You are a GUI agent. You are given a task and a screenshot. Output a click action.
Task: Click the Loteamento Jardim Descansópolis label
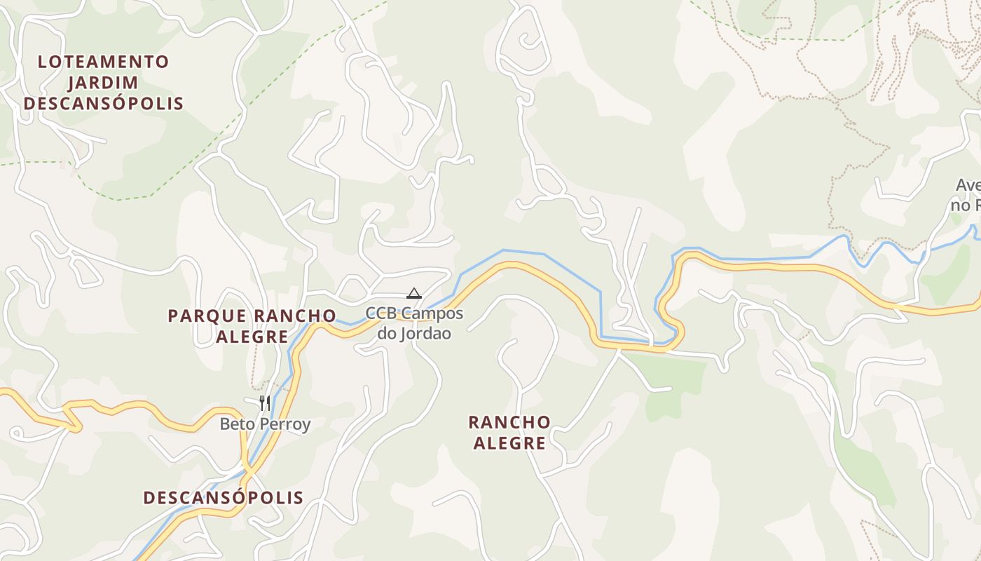103,83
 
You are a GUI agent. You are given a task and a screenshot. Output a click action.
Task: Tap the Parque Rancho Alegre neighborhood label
252,326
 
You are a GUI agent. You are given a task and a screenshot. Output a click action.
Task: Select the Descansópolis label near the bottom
224,498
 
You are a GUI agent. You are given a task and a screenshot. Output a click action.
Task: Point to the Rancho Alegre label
509,432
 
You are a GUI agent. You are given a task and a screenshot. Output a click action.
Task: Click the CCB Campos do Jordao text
414,323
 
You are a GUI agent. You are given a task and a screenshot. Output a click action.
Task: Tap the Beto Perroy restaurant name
265,424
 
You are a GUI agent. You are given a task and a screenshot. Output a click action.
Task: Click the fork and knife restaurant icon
265,403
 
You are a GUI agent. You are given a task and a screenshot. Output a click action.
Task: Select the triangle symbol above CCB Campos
414,293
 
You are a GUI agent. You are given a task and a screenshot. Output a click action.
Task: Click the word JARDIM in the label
103,83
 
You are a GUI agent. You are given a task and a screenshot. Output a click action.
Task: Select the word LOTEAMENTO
103,62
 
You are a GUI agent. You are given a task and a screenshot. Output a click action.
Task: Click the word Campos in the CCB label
432,313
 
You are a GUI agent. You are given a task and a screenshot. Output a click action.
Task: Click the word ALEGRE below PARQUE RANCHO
252,337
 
